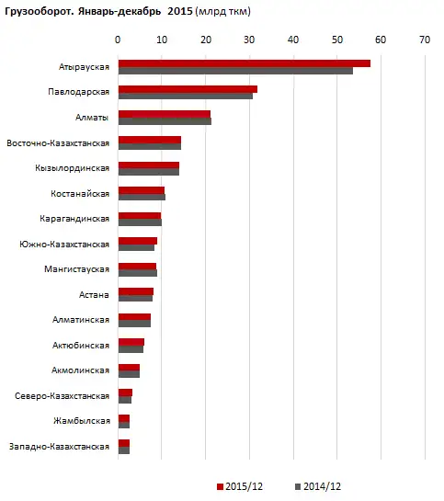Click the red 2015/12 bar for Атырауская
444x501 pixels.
point(244,63)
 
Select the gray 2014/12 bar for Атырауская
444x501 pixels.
point(235,71)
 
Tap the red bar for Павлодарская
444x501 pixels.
point(188,89)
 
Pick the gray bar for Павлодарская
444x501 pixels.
point(185,97)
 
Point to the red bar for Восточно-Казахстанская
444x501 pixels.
point(149,140)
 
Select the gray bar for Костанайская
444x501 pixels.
point(142,198)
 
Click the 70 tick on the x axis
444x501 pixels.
point(424,40)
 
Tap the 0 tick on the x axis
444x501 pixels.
point(118,40)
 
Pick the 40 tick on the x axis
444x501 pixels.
point(293,40)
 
